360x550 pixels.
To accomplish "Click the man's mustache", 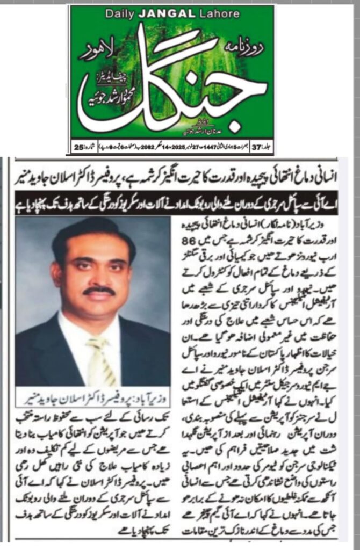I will tap(99, 291).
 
